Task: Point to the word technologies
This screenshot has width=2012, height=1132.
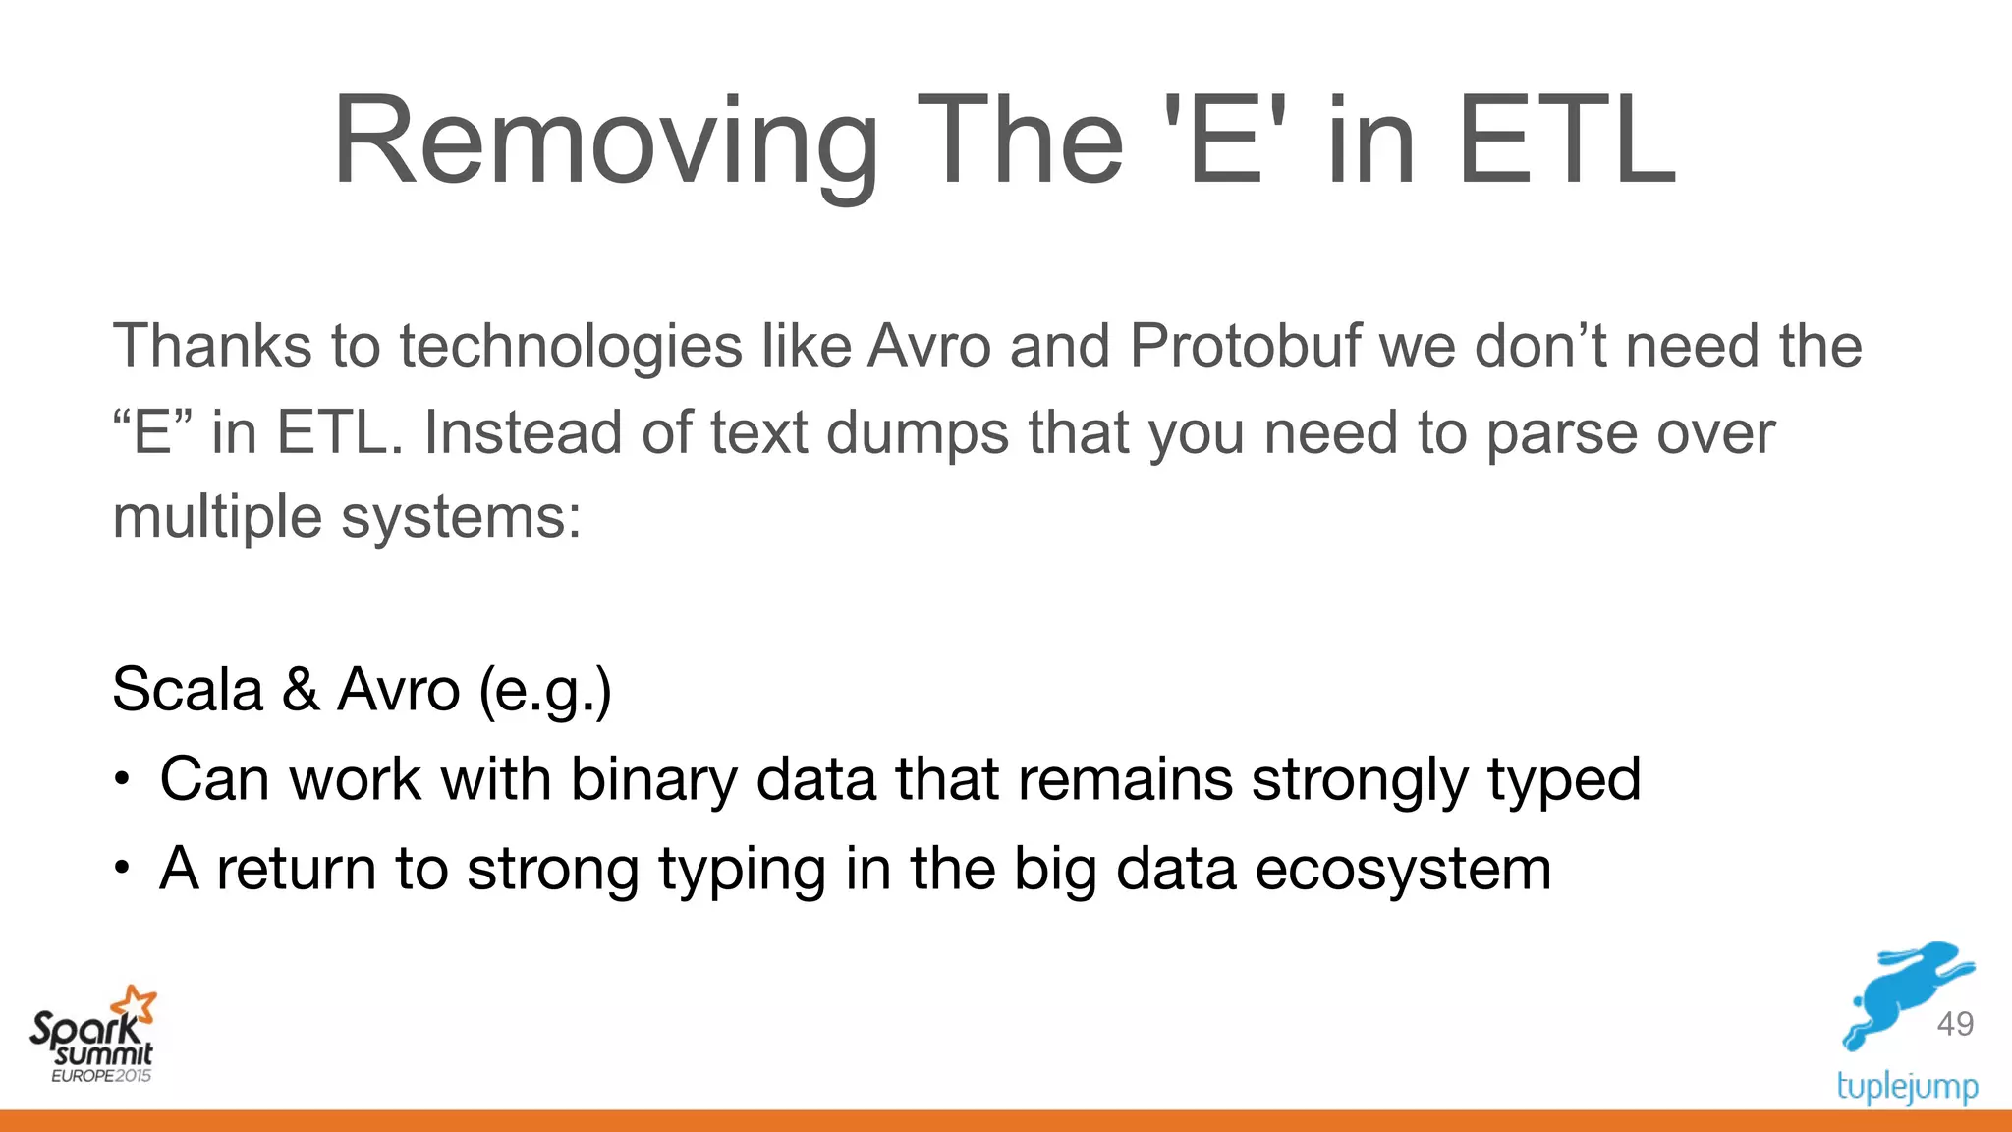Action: tap(571, 346)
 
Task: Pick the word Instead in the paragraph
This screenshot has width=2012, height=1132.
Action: tap(523, 432)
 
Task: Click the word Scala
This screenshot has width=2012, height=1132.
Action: tap(188, 689)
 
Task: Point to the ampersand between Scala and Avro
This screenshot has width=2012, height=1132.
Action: tap(301, 689)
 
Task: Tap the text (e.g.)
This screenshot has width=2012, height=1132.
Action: tap(545, 691)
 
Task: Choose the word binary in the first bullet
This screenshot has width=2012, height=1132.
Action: tap(653, 779)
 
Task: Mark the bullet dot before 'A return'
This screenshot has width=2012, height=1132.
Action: tap(121, 870)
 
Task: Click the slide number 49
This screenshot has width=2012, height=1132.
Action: tap(1955, 1024)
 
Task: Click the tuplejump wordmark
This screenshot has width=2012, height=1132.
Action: tap(1907, 1087)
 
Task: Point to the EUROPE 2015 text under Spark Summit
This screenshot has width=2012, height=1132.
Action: tap(101, 1076)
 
